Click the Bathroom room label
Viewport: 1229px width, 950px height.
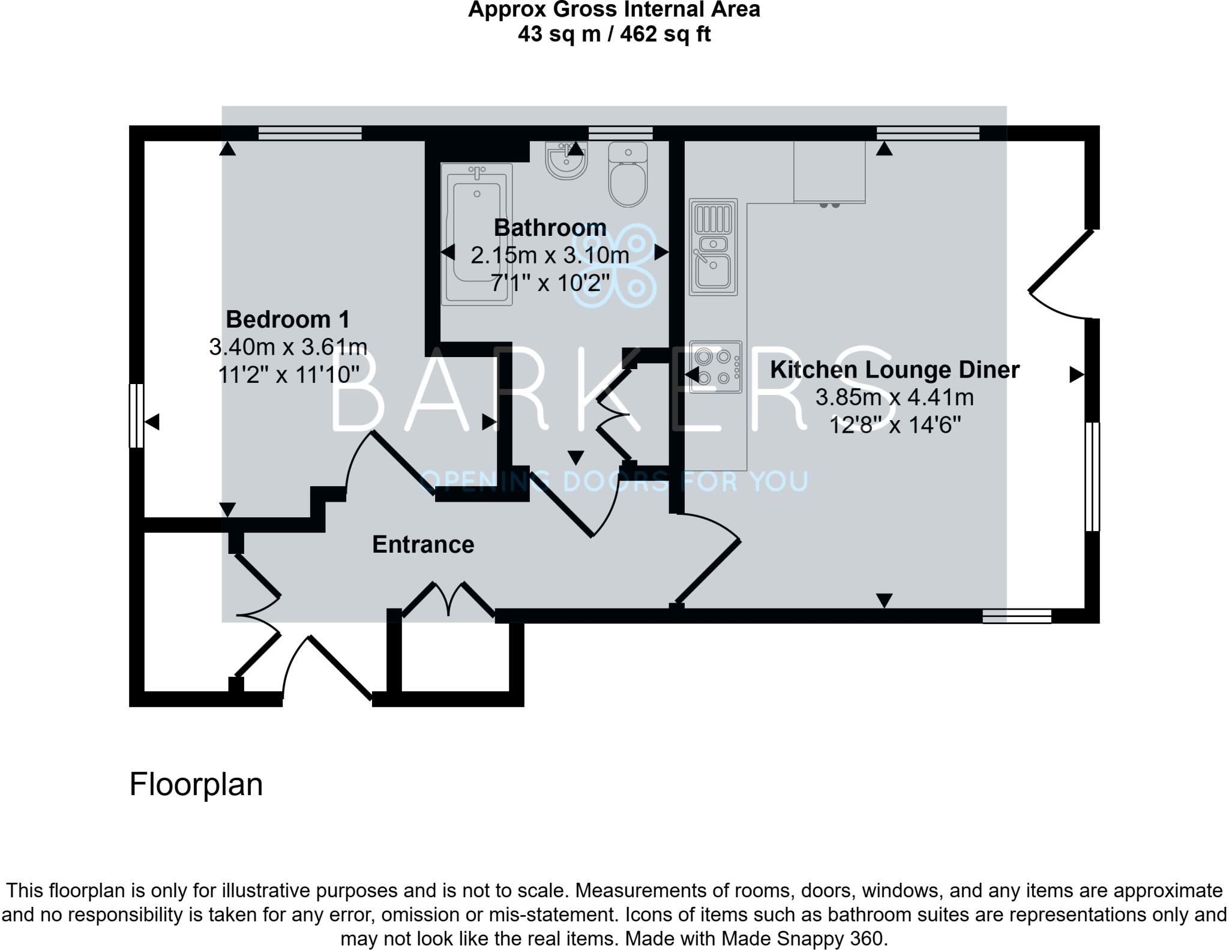550,228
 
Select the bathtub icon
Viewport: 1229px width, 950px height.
477,234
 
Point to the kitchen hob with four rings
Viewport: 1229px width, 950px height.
715,367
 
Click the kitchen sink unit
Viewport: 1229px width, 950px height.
713,247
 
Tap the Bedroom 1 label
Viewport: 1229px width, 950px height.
287,319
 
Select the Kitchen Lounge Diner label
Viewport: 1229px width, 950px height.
894,370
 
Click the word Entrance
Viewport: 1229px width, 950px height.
423,544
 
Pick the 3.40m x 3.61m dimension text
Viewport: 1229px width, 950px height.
288,347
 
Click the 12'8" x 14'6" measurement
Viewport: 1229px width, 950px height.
894,425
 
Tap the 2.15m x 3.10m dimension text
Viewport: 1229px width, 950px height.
550,256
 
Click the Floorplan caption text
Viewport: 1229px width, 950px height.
196,784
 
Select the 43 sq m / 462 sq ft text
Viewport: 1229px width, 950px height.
614,34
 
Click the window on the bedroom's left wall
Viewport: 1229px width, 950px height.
137,415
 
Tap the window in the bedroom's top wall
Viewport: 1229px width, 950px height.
310,133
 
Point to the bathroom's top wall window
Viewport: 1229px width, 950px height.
620,133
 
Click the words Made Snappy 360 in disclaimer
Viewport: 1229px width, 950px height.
803,938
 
